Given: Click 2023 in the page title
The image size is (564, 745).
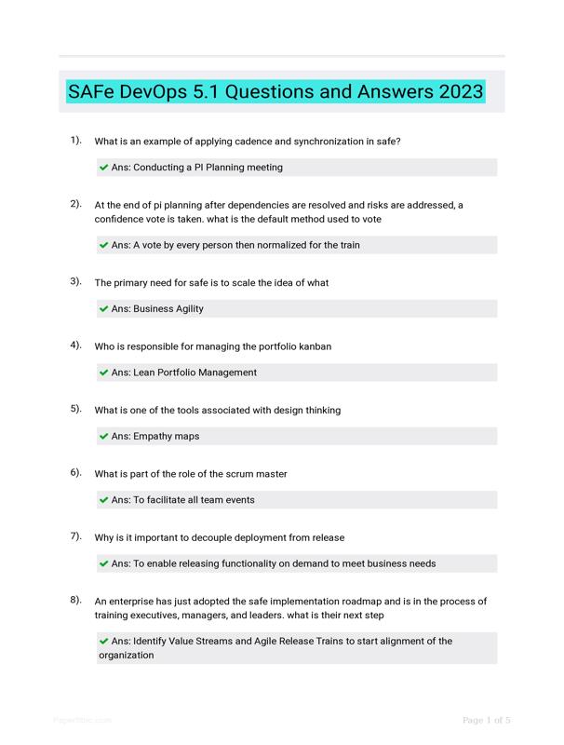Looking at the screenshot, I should click(457, 91).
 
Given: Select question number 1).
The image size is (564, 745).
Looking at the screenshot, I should click(75, 141).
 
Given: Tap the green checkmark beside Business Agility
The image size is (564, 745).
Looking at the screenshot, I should click(104, 309).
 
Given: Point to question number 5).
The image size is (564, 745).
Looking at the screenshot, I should click(75, 409).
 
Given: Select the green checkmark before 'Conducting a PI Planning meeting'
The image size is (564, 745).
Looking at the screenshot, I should click(104, 168).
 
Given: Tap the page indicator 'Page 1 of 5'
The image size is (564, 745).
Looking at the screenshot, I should click(487, 720).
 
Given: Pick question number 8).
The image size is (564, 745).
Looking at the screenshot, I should click(75, 600).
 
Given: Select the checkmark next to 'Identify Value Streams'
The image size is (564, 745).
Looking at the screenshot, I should click(104, 641).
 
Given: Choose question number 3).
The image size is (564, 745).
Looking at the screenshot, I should click(75, 281).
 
